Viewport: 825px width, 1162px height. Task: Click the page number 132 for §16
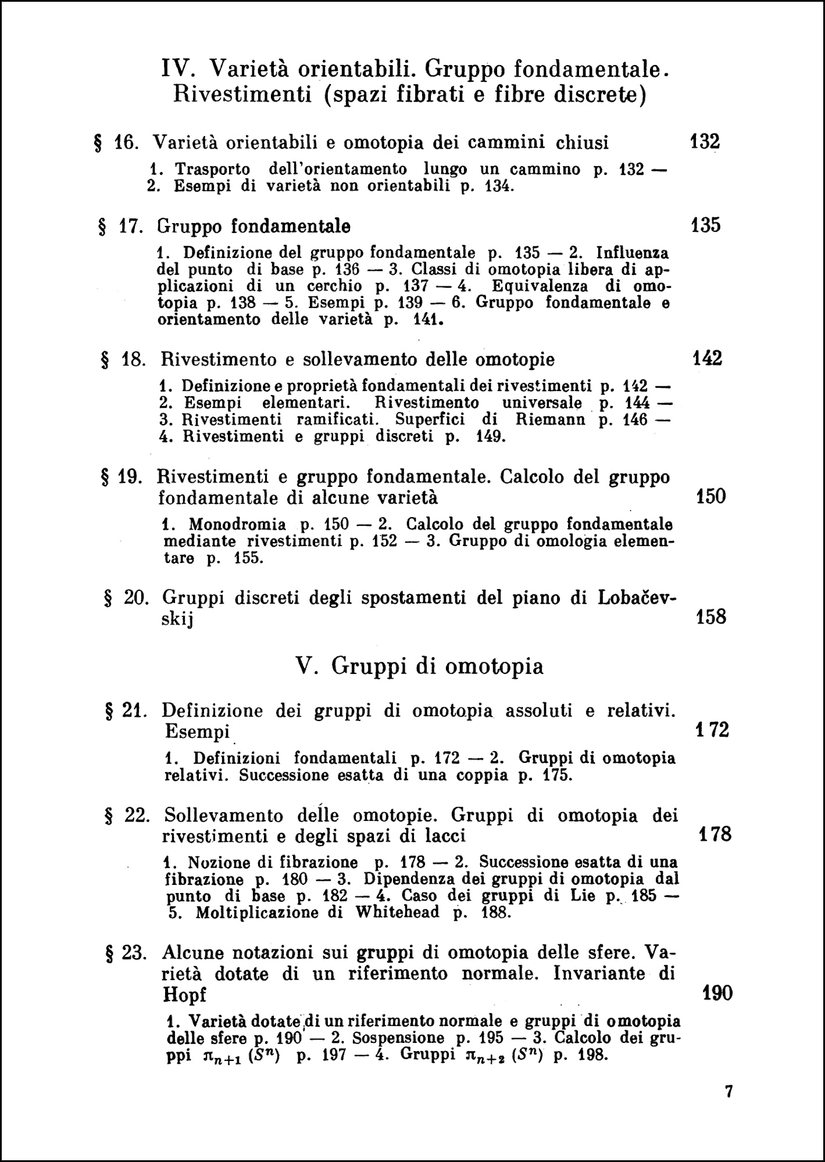705,142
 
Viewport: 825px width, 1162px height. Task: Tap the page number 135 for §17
706,225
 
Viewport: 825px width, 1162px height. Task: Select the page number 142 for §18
708,358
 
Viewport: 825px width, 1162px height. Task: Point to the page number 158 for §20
711,616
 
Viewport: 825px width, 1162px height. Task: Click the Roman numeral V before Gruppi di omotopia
305,666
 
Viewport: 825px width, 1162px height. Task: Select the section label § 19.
122,477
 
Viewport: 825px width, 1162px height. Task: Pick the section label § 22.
127,815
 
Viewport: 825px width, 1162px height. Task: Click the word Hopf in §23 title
185,995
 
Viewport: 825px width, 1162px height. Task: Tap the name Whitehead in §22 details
397,912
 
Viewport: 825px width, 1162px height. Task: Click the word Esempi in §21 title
197,731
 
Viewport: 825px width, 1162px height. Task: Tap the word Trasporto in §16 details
212,169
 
